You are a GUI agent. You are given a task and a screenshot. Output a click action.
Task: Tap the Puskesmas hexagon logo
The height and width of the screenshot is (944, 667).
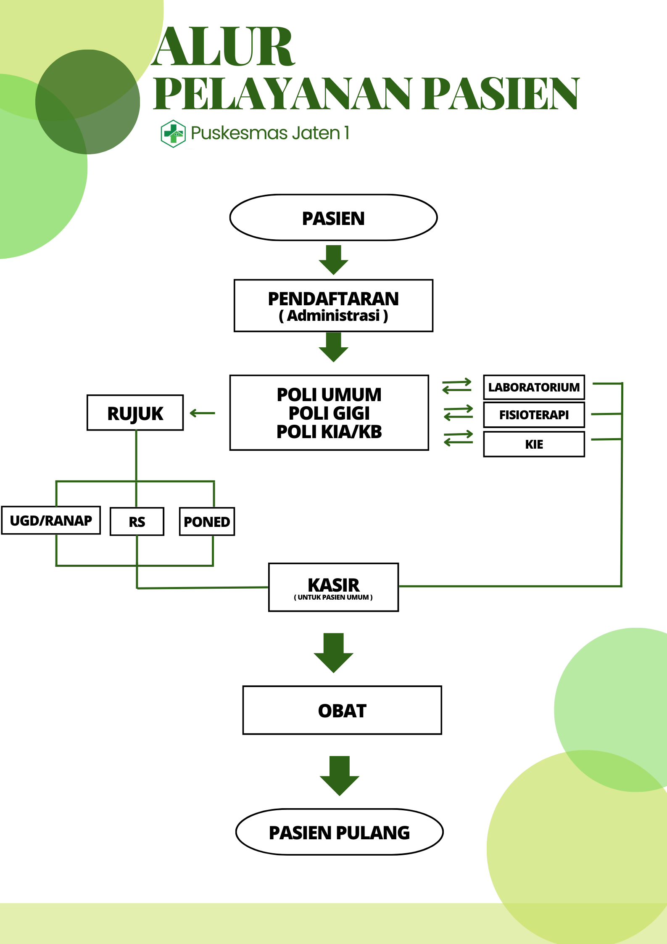(173, 134)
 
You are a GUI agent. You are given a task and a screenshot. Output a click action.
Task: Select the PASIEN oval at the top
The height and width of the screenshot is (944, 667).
(333, 218)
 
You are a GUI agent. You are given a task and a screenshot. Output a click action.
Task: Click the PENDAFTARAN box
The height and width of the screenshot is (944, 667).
(333, 306)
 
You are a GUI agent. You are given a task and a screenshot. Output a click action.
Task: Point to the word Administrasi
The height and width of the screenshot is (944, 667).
(333, 316)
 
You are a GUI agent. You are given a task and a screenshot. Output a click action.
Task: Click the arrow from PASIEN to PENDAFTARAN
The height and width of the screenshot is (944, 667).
(333, 260)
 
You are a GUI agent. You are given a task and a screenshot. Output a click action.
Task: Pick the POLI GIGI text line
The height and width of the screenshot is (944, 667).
(329, 413)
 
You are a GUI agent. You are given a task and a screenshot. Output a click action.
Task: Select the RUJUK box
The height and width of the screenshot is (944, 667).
(135, 413)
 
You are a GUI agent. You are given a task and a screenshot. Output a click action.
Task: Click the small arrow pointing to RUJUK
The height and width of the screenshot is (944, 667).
(203, 413)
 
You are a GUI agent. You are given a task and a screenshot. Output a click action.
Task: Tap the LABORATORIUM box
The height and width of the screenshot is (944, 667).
(534, 387)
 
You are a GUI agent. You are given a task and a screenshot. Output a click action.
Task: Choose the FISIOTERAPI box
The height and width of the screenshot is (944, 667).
(534, 415)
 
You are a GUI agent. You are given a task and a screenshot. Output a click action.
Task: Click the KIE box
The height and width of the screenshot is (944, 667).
(534, 444)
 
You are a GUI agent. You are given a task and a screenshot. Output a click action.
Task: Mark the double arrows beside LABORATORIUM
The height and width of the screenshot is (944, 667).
(457, 386)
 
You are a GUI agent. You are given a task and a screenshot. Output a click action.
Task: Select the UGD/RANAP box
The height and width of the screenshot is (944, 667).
(51, 521)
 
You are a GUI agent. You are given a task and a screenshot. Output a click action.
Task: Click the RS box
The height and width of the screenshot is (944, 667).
(137, 522)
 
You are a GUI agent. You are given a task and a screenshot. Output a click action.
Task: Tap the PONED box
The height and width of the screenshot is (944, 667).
(207, 522)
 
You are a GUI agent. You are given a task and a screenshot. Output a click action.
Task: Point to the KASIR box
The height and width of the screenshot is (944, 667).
(333, 587)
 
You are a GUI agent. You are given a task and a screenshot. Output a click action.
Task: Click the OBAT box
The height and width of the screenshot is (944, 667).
(342, 711)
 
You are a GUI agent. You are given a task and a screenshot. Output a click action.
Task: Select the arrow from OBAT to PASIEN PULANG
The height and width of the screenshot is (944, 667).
(340, 775)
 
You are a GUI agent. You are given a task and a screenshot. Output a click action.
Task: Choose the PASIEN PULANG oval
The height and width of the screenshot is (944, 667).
(340, 833)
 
